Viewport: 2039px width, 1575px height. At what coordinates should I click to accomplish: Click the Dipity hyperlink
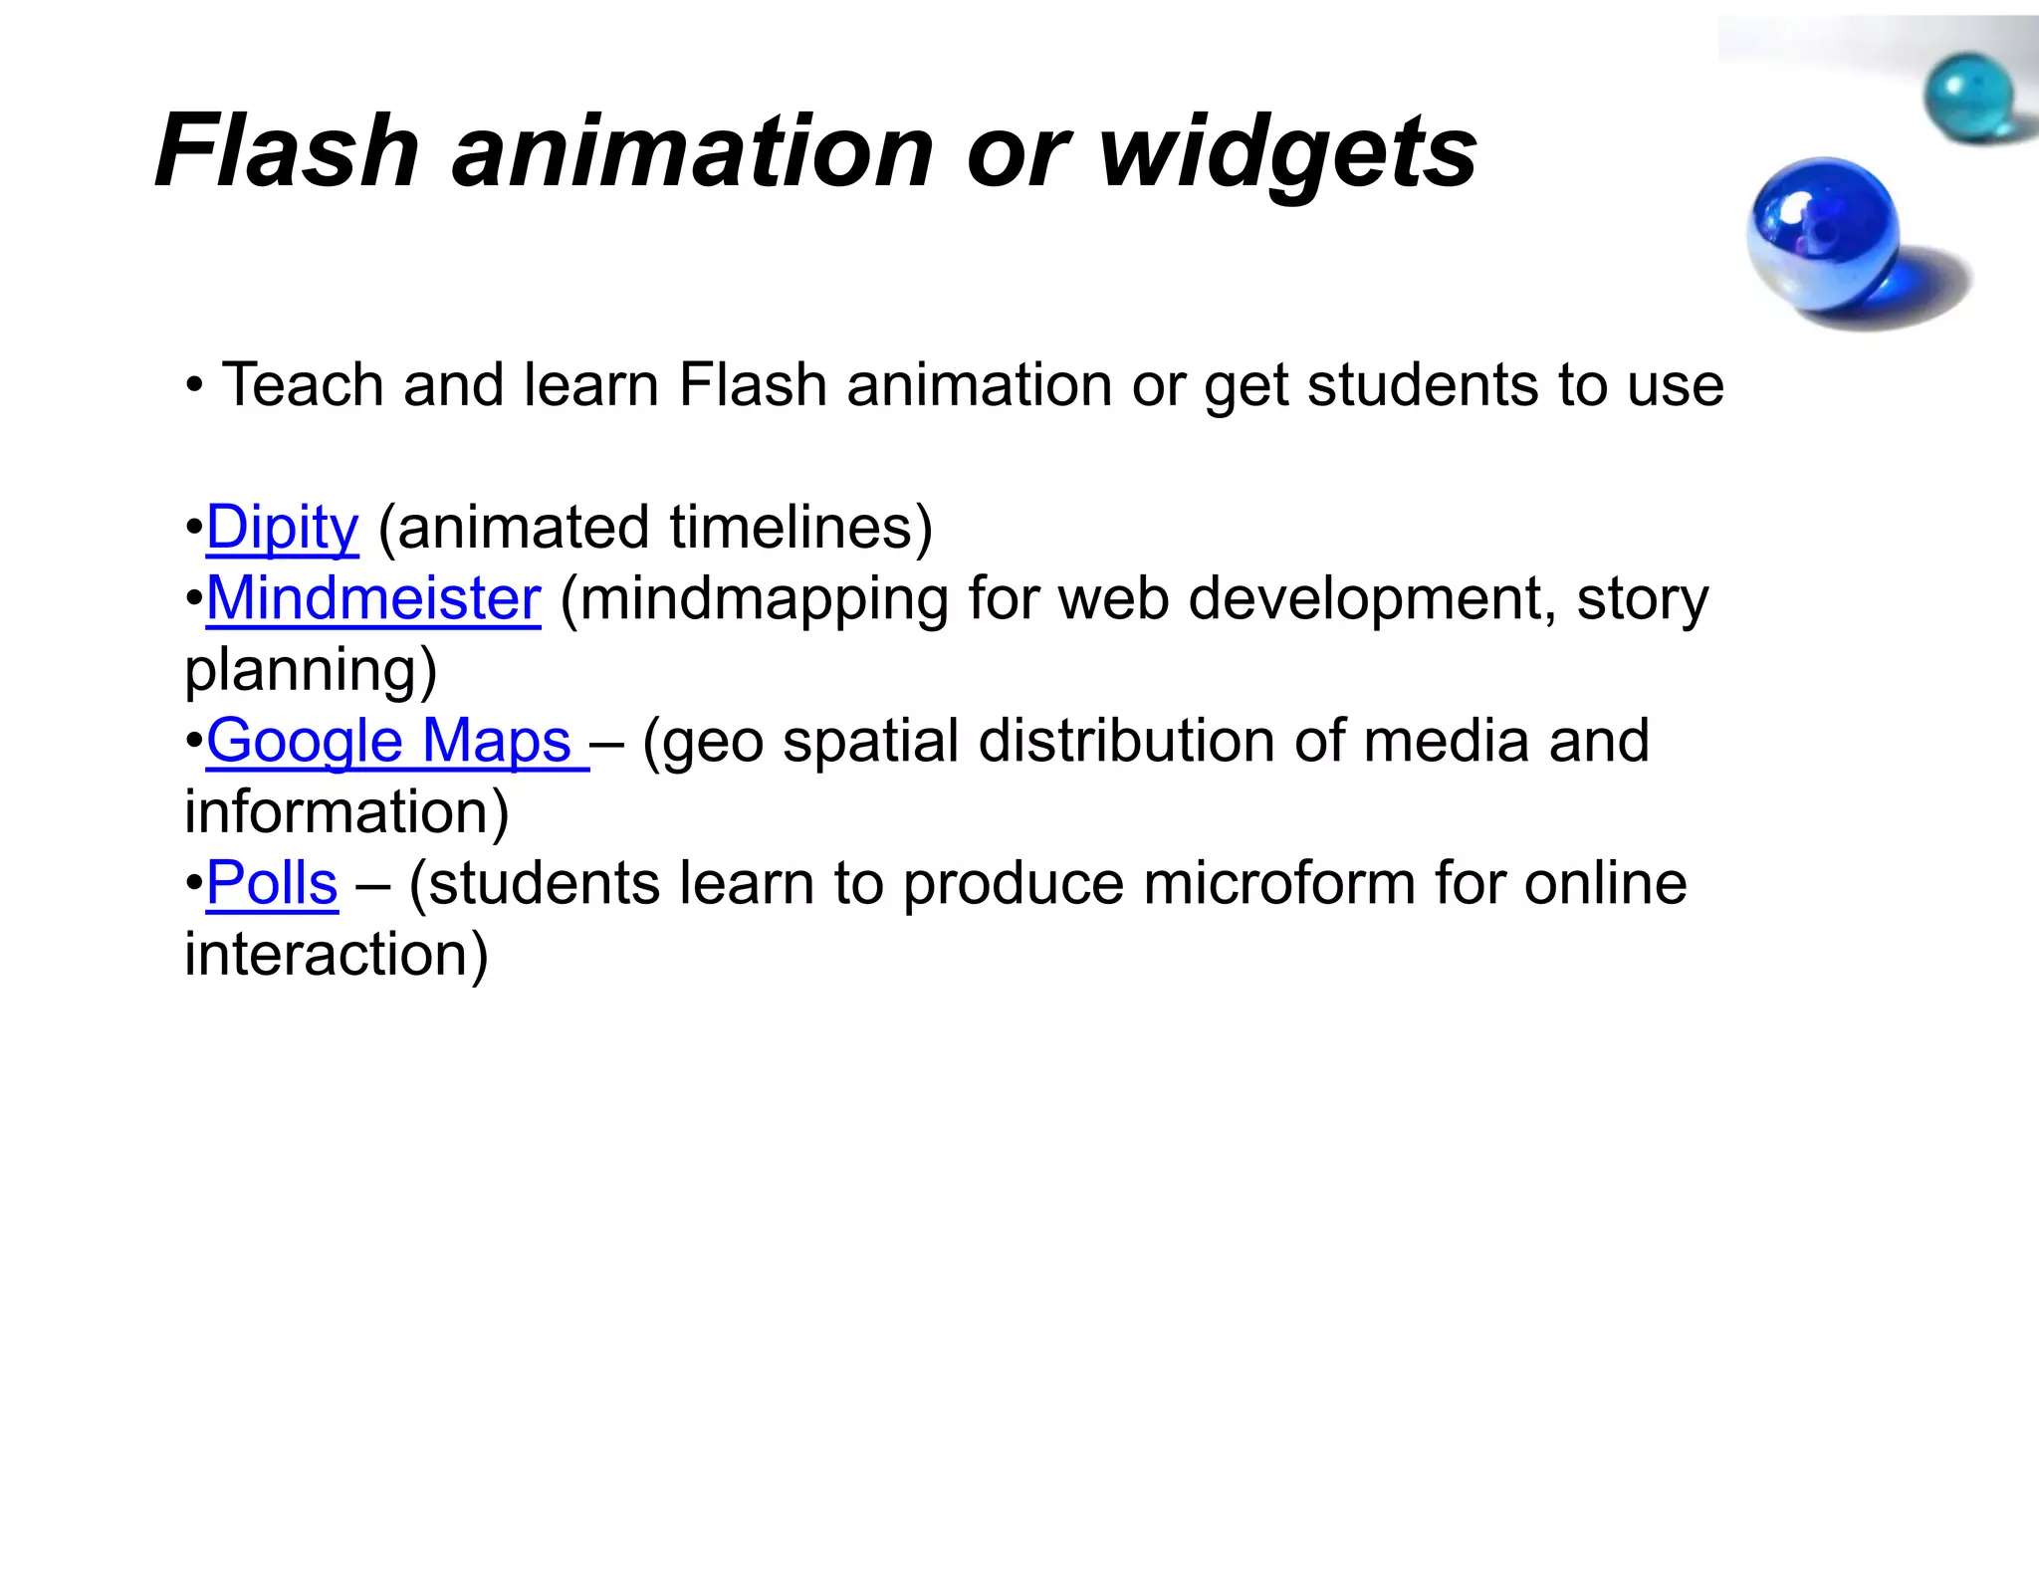pyautogui.click(x=282, y=528)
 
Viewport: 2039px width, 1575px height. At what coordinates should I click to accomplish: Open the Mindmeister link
pyautogui.click(x=373, y=599)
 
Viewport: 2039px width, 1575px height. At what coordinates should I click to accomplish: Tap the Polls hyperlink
pyautogui.click(x=272, y=884)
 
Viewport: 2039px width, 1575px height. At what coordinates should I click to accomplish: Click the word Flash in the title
pyautogui.click(x=287, y=151)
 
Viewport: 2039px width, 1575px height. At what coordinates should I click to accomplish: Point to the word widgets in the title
pyautogui.click(x=1287, y=151)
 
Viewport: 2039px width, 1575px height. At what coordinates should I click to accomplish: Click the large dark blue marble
pyautogui.click(x=1822, y=239)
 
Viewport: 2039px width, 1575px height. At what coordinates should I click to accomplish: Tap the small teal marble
pyautogui.click(x=1967, y=98)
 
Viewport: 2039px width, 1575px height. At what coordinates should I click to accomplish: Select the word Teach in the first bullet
pyautogui.click(x=303, y=385)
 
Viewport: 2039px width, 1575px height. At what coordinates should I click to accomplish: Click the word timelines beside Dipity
pyautogui.click(x=801, y=528)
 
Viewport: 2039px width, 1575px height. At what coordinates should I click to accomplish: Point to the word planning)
pyautogui.click(x=311, y=671)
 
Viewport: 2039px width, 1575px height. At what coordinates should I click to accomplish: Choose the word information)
pyautogui.click(x=346, y=812)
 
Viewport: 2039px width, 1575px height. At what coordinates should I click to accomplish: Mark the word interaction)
pyautogui.click(x=337, y=955)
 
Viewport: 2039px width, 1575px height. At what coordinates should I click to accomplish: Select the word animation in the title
pyautogui.click(x=692, y=151)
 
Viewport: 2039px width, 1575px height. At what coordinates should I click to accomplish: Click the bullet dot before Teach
pyautogui.click(x=194, y=386)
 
